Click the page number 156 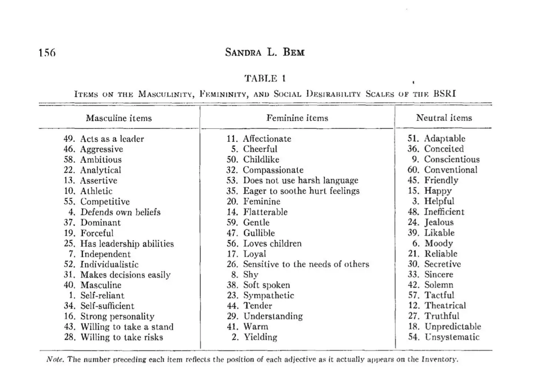[47, 52]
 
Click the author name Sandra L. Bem [265, 52]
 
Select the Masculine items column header [119, 118]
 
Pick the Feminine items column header [297, 118]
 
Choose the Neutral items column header [444, 118]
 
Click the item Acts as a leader [112, 139]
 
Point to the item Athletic [96, 191]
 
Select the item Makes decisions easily [125, 275]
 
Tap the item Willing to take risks [122, 337]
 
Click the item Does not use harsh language [301, 180]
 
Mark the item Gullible [259, 233]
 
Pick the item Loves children [272, 244]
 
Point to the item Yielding [260, 337]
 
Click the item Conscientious [452, 159]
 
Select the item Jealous [439, 222]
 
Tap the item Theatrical [445, 306]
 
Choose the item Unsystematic [452, 337]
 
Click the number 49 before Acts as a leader [69, 139]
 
